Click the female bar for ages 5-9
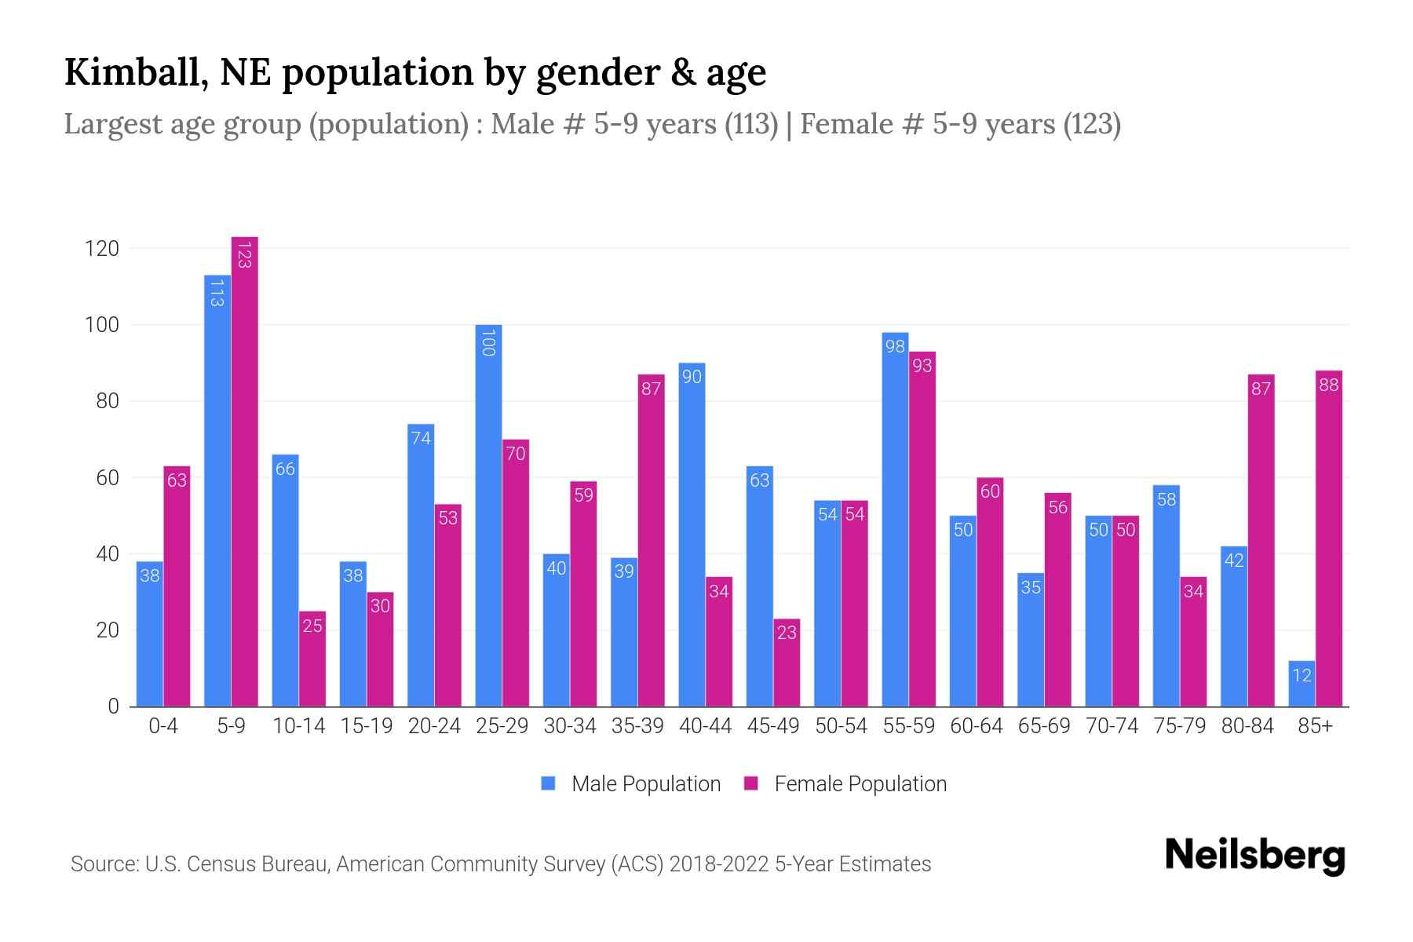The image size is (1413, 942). [x=245, y=471]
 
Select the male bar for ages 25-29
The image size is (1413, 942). [x=488, y=515]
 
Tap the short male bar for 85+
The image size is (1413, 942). [x=1301, y=684]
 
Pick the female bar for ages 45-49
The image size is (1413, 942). [x=787, y=663]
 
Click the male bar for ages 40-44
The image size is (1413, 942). [x=692, y=535]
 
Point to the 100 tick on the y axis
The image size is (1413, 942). [x=101, y=325]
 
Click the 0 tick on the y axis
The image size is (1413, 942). [x=113, y=706]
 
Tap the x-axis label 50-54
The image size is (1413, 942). [x=841, y=726]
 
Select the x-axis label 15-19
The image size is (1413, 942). [x=367, y=726]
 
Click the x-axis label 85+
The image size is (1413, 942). [x=1315, y=726]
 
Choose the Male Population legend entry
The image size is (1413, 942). [x=631, y=784]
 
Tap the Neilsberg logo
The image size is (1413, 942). [x=1254, y=856]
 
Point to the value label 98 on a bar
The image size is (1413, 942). [x=895, y=346]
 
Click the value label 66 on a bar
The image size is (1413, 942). [x=285, y=469]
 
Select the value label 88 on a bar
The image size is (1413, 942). [x=1328, y=385]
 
